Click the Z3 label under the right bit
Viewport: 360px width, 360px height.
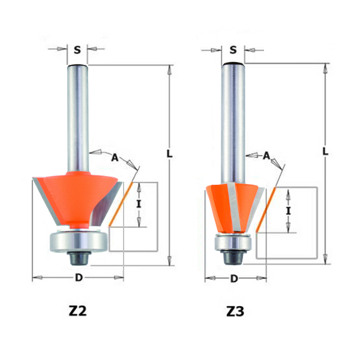click(x=235, y=311)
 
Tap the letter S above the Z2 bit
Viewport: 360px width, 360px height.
click(x=77, y=50)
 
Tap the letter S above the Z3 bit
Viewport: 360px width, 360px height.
click(x=233, y=50)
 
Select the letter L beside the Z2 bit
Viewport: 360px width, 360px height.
click(x=170, y=154)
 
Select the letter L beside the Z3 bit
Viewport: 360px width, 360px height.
click(x=325, y=151)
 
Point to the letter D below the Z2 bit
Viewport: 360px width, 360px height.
click(x=77, y=278)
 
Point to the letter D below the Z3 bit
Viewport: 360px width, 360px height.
click(x=235, y=278)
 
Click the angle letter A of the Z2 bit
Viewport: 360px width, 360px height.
click(x=115, y=157)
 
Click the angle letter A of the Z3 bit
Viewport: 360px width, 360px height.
click(x=266, y=155)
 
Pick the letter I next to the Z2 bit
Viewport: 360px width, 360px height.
click(x=139, y=204)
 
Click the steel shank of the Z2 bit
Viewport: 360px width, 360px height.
click(x=77, y=114)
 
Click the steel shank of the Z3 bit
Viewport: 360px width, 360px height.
click(x=233, y=120)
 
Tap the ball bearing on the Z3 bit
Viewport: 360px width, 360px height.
click(x=233, y=244)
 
